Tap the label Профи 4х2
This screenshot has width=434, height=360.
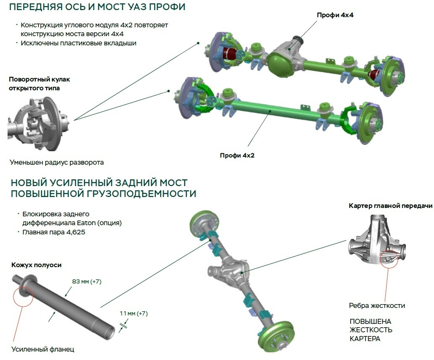[x=237, y=155]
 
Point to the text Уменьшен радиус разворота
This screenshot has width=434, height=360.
[x=56, y=162]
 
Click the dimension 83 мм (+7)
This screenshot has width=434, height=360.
[x=86, y=281]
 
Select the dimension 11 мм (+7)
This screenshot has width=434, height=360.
[x=133, y=313]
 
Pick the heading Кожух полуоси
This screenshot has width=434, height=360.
[x=36, y=265]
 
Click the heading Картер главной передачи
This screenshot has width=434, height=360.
[x=390, y=206]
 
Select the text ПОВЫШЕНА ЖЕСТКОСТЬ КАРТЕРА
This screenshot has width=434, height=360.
[x=371, y=329]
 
